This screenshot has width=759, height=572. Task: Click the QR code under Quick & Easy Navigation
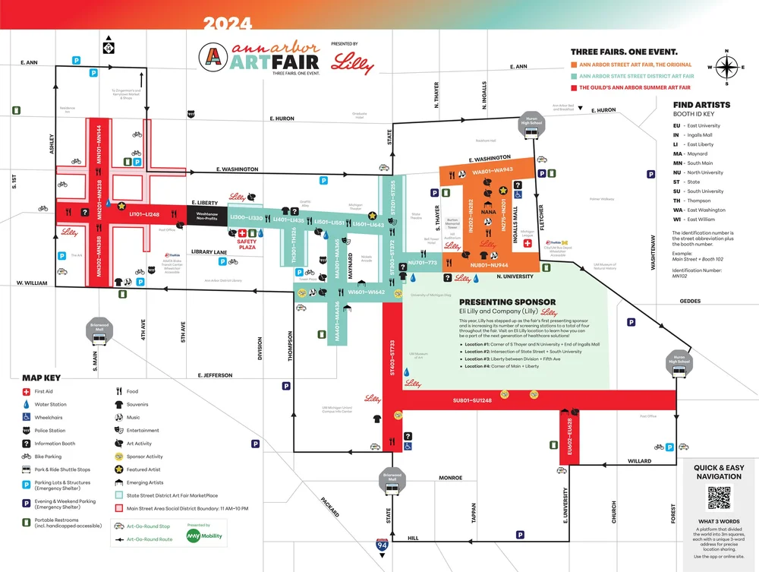(720, 498)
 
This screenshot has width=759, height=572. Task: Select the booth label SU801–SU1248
(471, 400)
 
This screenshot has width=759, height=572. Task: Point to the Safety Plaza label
(247, 245)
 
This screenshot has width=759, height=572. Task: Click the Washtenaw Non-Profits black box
(207, 216)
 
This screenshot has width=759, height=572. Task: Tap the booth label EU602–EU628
(568, 436)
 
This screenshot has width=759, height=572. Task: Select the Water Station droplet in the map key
(27, 404)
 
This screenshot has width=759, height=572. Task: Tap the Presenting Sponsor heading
(508, 302)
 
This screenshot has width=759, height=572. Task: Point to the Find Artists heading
(702, 105)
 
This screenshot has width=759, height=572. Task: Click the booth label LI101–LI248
(144, 215)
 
